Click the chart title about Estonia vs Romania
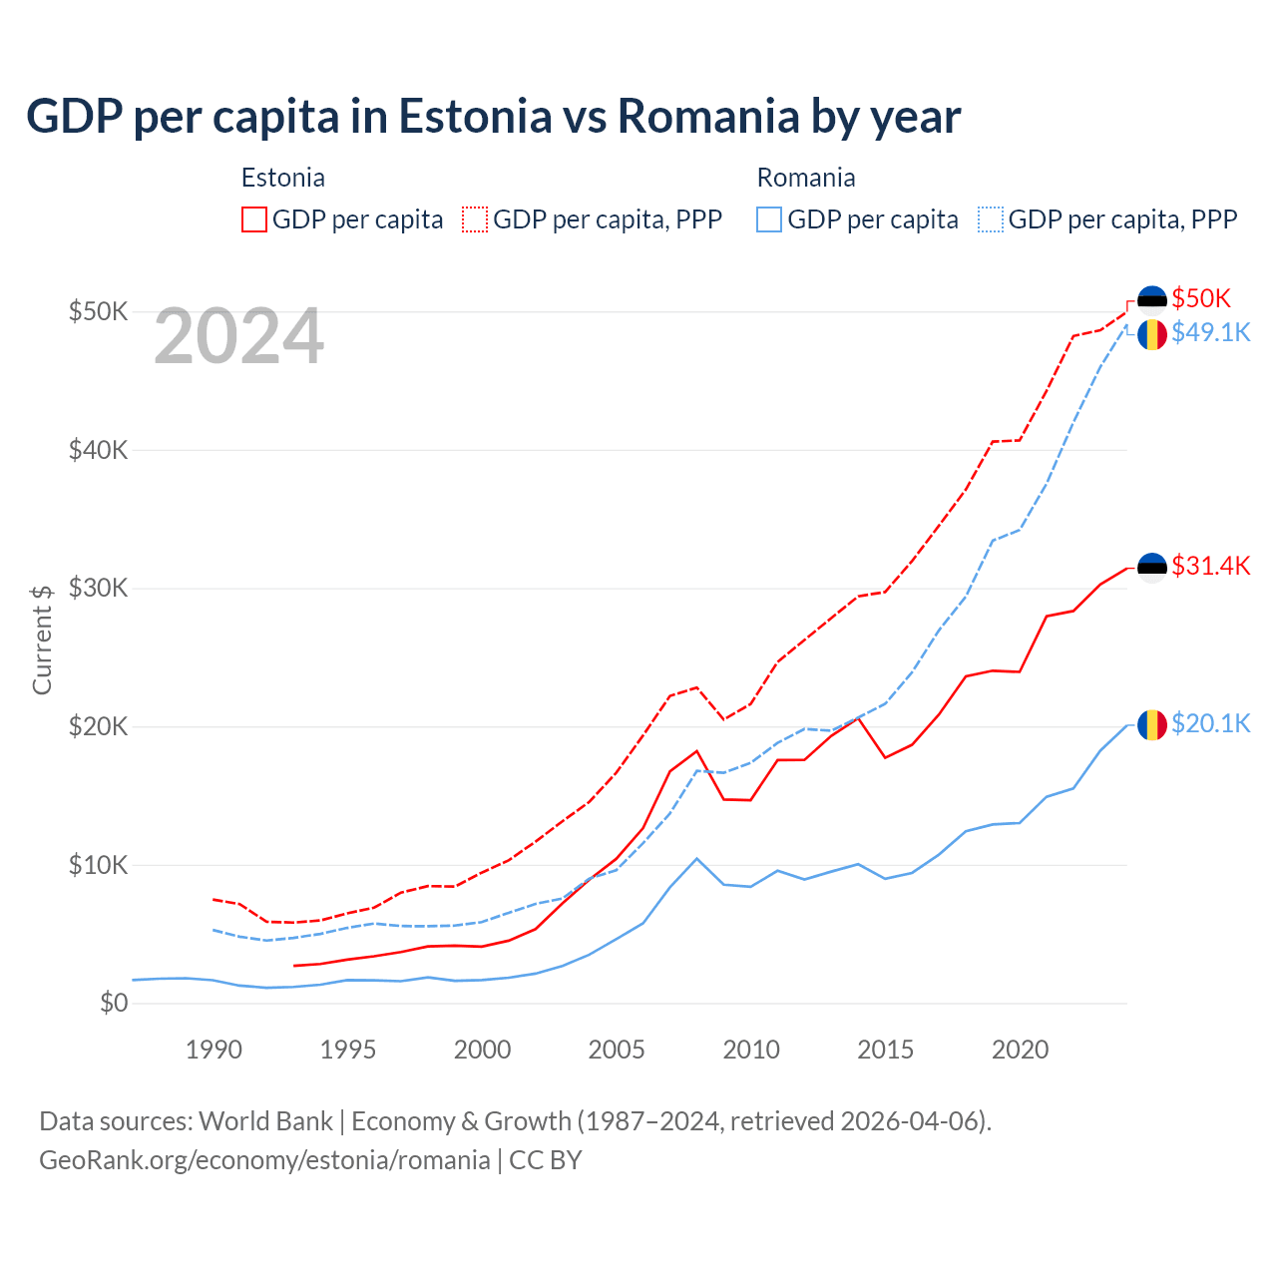coord(493,116)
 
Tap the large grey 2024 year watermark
coord(238,336)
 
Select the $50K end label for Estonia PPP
coord(1201,298)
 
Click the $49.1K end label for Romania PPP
coord(1210,332)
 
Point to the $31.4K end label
coord(1210,566)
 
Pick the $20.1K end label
coord(1210,723)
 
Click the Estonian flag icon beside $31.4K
coord(1152,567)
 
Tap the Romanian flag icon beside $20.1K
coord(1152,724)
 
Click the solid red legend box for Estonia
coord(254,219)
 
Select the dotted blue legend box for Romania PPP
coord(991,219)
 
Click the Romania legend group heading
coord(806,178)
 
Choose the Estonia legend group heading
coord(283,178)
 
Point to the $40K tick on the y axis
coord(98,450)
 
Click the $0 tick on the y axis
coord(114,1003)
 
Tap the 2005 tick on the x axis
coord(617,1050)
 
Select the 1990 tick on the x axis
coord(213,1050)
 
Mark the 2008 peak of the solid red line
coord(696,751)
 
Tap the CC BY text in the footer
coord(546,1160)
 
